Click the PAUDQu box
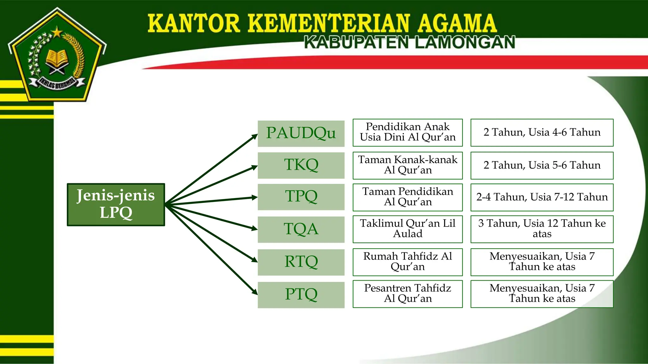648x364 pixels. click(x=301, y=133)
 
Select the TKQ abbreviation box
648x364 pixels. click(x=301, y=165)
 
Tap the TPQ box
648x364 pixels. click(x=301, y=197)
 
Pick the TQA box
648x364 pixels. click(x=301, y=229)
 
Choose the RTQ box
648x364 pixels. click(x=301, y=262)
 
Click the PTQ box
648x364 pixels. click(x=301, y=294)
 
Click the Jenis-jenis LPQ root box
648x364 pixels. click(x=116, y=204)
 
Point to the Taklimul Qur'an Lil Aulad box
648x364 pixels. click(x=408, y=229)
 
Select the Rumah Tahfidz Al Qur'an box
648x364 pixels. click(x=408, y=262)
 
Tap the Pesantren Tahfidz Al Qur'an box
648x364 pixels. click(x=408, y=294)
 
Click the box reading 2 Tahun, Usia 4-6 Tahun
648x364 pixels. click(x=542, y=132)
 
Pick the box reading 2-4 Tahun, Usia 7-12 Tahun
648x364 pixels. click(x=542, y=197)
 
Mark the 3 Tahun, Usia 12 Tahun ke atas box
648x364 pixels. click(x=542, y=229)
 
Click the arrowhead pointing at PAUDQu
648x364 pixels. click(x=255, y=136)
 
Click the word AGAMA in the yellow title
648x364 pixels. click(x=457, y=23)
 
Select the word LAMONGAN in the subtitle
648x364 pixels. click(x=465, y=43)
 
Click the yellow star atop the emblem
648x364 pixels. click(x=57, y=32)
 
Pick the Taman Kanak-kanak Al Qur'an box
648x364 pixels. click(x=408, y=165)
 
